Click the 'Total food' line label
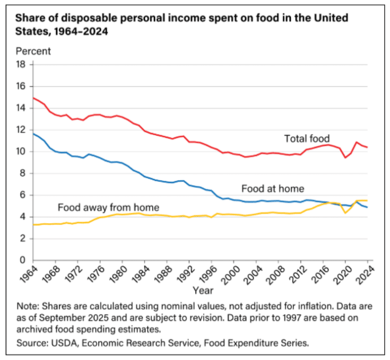(x=307, y=139)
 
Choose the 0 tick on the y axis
(x=24, y=260)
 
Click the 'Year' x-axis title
(x=203, y=291)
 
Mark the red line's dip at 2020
(x=345, y=157)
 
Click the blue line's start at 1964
(x=33, y=134)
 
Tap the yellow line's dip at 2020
(x=345, y=213)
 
